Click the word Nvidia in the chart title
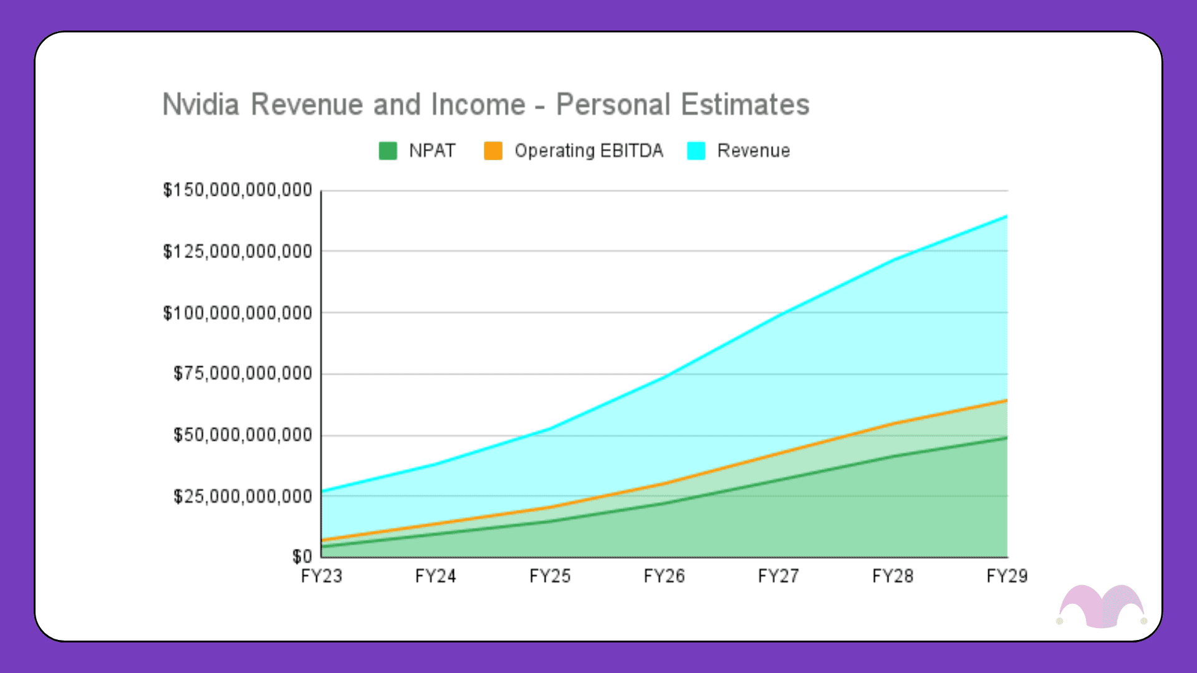[x=201, y=105]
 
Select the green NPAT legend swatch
[x=388, y=151]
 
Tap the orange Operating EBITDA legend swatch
[x=493, y=151]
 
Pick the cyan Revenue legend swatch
[x=696, y=151]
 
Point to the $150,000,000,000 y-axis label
[x=238, y=190]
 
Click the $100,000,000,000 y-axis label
[x=238, y=313]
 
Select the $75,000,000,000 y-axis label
[x=243, y=373]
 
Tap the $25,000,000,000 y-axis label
[x=243, y=497]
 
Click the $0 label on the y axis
[x=302, y=556]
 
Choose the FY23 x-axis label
[x=322, y=576]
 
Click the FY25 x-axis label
[x=550, y=576]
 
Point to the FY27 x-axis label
[x=778, y=576]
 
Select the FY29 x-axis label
[x=1006, y=576]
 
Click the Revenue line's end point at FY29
[x=1006, y=216]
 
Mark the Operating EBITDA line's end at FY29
[x=1006, y=400]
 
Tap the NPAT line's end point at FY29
[x=1006, y=437]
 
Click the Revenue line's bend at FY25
[x=550, y=428]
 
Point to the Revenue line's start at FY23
[x=322, y=491]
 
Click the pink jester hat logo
[x=1102, y=606]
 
